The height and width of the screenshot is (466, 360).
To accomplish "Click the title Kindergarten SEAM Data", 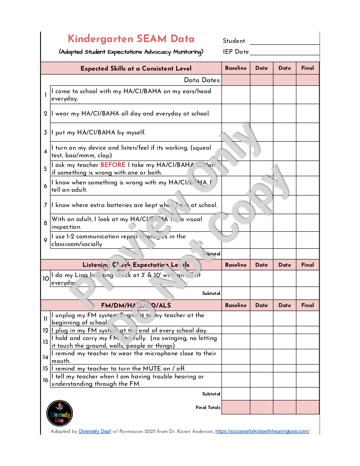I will tap(131, 39).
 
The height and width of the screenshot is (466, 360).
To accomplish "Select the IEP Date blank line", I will tap(284, 53).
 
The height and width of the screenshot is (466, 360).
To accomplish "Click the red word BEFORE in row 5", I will tap(113, 165).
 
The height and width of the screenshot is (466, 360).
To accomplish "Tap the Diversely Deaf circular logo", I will tap(60, 413).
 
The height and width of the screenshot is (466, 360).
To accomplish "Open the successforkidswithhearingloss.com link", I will tap(262, 431).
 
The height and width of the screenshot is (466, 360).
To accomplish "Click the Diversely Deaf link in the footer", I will tap(95, 431).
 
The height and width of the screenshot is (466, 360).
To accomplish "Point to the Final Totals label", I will tap(208, 407).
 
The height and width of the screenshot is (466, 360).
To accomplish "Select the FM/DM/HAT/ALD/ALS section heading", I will tap(136, 305).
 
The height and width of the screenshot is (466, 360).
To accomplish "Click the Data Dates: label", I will tap(202, 80).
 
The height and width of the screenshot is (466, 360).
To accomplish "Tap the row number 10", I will tap(46, 279).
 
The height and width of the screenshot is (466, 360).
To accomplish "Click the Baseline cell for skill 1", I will tap(236, 95).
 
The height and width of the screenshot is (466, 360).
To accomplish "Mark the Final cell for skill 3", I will tap(307, 132).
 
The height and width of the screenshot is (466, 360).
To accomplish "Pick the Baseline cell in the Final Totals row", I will tap(236, 407).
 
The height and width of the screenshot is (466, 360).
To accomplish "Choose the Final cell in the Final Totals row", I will tap(307, 407).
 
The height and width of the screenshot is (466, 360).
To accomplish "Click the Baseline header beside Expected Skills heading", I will tap(236, 68).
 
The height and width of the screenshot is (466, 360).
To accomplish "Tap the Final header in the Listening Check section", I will tap(307, 265).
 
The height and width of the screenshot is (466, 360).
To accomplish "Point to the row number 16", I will tap(46, 380).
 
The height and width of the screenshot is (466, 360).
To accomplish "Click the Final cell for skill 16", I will tap(307, 380).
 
